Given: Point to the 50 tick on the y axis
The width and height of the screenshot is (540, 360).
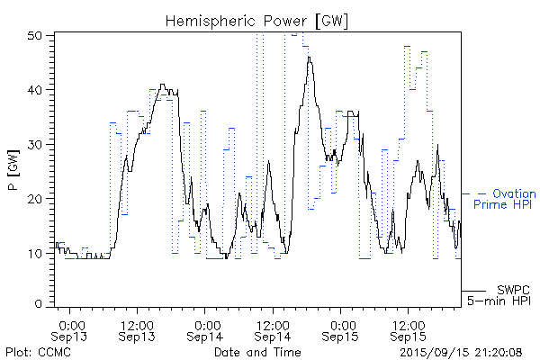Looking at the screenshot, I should [x=37, y=35].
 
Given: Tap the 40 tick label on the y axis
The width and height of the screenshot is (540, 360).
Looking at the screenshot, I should [x=37, y=90].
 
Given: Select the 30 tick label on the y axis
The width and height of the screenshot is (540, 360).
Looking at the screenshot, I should [x=37, y=144].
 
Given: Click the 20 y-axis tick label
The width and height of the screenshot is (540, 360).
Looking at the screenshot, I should [x=37, y=198].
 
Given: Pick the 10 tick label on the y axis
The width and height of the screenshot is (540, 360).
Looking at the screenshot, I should [x=37, y=253].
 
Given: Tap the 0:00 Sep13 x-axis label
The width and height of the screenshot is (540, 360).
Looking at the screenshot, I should [x=71, y=329].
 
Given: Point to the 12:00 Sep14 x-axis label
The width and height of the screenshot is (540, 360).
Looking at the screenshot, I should [x=272, y=329].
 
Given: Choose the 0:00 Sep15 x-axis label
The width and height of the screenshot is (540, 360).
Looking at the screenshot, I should [x=341, y=329].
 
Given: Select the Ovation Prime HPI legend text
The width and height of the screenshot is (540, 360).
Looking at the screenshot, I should [x=504, y=200].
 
